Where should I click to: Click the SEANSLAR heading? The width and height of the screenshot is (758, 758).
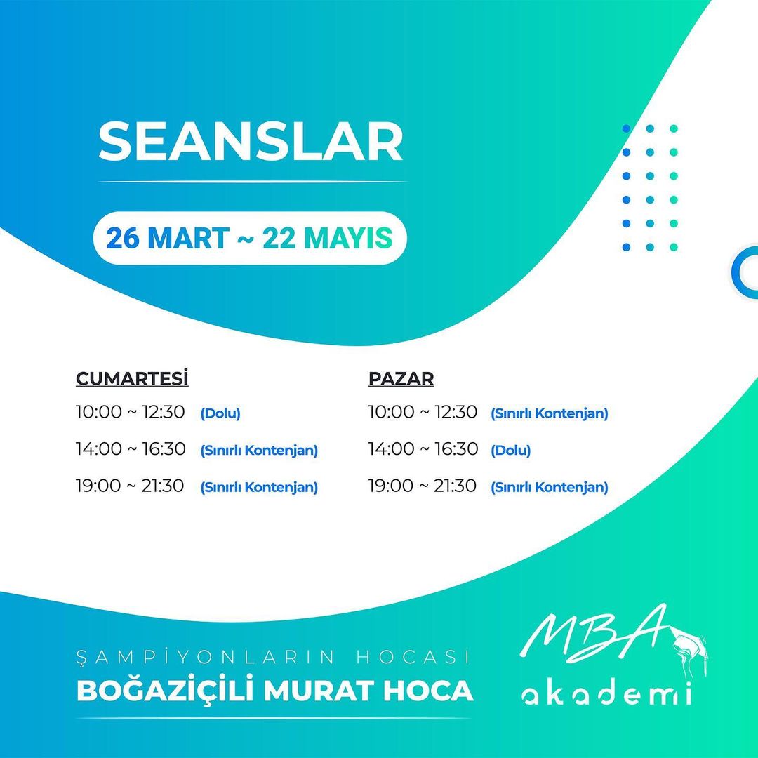coord(251,141)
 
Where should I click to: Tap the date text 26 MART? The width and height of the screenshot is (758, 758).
coord(167,238)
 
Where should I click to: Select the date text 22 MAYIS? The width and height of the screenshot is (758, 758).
coord(327,238)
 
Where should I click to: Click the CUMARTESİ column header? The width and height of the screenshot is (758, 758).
coord(132,378)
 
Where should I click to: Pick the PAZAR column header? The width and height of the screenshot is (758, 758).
coord(401,378)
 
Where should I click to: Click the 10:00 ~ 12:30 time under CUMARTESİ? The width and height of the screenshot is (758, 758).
coord(130,413)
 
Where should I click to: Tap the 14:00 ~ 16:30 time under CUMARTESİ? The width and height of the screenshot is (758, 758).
coord(131,448)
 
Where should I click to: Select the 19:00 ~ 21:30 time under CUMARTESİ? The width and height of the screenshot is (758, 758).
coord(130,486)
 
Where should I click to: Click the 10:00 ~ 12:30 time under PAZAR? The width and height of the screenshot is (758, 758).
coord(423,413)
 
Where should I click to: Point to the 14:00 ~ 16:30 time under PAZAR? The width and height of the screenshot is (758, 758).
coord(423,448)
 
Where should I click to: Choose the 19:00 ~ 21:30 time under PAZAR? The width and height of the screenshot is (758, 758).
coord(422,486)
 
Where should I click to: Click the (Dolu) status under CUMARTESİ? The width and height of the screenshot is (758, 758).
coord(220,413)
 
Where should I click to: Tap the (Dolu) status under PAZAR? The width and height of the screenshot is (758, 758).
coord(510,450)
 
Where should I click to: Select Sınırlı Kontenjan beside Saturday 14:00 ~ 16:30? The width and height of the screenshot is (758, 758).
coord(259,450)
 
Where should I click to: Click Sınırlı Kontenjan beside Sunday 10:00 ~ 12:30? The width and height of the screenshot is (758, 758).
coord(549,413)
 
